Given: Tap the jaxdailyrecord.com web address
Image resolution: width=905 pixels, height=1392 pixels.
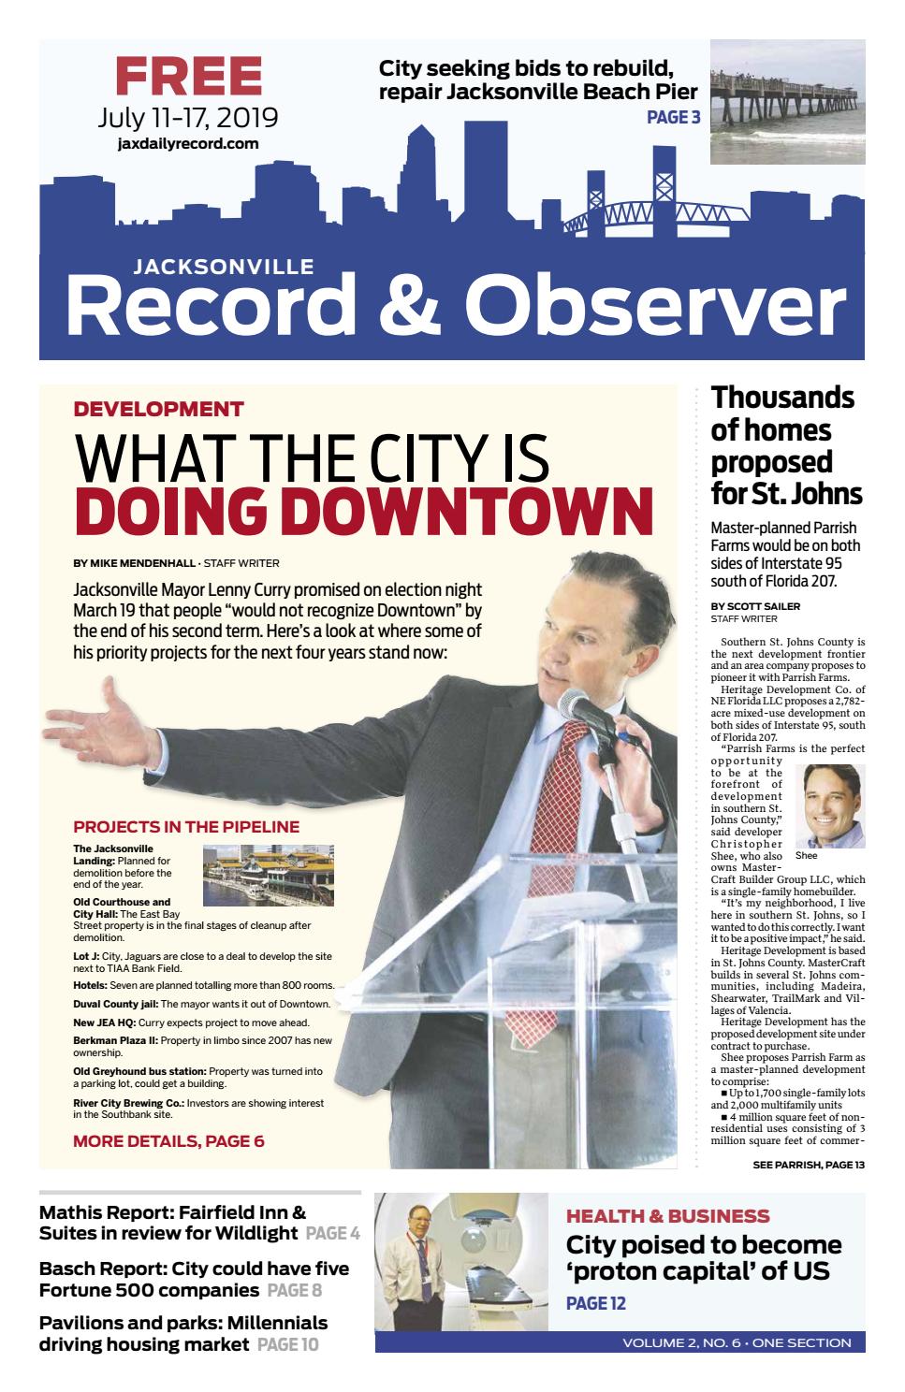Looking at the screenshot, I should [x=188, y=143].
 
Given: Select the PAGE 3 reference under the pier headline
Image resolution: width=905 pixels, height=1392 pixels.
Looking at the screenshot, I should [x=673, y=117].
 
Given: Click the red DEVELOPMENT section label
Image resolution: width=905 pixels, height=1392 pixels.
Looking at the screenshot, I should [x=158, y=409].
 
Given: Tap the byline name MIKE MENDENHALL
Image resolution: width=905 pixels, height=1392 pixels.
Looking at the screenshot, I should [x=141, y=563].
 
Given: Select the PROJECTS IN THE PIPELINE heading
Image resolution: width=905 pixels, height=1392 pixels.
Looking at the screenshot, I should [x=186, y=827].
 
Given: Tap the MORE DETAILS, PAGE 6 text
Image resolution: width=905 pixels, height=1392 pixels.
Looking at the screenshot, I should [x=168, y=1141].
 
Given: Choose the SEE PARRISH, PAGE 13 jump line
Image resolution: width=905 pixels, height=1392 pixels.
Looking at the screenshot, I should [x=808, y=1165].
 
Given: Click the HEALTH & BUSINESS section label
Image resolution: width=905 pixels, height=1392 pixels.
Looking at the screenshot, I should [x=667, y=1216].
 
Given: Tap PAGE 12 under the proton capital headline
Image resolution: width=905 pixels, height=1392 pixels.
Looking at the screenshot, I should [x=595, y=1303].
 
